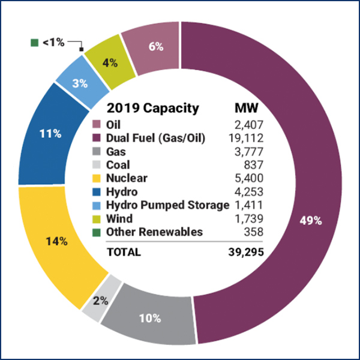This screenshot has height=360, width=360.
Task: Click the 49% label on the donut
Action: (311, 220)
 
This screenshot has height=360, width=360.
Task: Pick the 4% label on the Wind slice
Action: (110, 61)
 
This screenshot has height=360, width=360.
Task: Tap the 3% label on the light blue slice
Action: (80, 83)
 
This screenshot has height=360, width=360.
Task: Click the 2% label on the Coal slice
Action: (101, 301)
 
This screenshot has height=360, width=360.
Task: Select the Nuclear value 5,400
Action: (248, 178)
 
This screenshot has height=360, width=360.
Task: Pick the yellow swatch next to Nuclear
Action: (96, 178)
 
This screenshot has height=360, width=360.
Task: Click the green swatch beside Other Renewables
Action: (96, 232)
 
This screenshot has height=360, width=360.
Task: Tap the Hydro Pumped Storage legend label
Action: (167, 205)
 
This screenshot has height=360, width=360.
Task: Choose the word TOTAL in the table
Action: (124, 253)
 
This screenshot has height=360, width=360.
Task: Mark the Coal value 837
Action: (254, 165)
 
